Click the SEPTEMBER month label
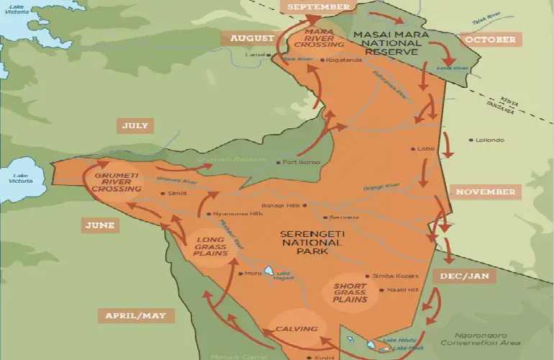pos(318,7)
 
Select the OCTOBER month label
pos(489,39)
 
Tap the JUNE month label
pos(99,225)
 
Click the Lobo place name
pos(425,149)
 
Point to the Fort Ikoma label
pos(301,162)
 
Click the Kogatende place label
pos(342,60)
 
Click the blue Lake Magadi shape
pos(268,271)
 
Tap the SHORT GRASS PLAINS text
pos(350,292)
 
